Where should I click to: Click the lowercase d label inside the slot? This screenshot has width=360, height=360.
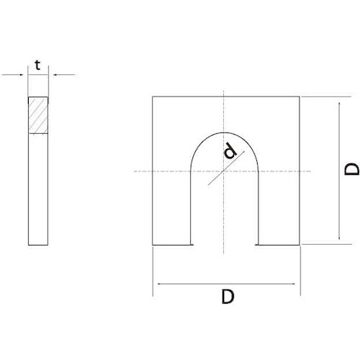point(230,151)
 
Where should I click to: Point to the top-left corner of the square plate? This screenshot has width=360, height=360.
point(153,96)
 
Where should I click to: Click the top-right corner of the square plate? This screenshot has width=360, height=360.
point(300,96)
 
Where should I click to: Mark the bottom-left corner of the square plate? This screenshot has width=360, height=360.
point(153,245)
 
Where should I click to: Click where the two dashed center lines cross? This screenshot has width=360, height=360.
point(225,171)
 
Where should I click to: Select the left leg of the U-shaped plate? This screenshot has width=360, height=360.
point(173,209)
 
